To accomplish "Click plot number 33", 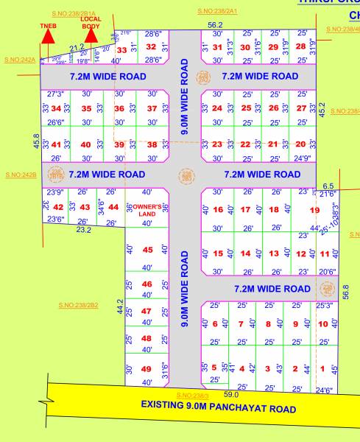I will coord(122,50).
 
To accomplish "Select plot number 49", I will coord(147,368).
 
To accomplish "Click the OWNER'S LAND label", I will coord(147,210).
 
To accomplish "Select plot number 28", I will coord(300,47).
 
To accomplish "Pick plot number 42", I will coord(58,207).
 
